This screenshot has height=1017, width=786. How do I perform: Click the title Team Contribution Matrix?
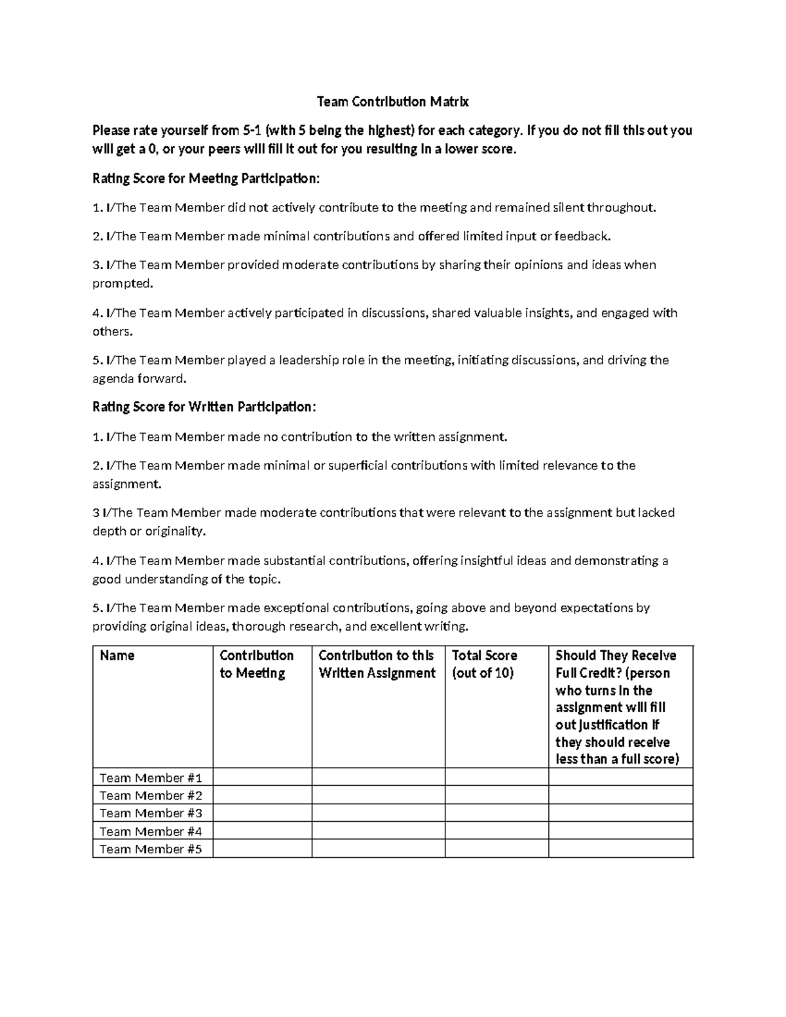tap(392, 102)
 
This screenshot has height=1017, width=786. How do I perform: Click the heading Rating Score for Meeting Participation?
tap(206, 178)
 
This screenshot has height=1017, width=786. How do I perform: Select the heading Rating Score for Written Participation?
tap(204, 407)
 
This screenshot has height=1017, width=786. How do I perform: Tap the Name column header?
tap(117, 656)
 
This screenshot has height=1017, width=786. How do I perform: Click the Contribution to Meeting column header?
tap(256, 664)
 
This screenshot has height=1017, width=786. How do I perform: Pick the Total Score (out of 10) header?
tap(485, 664)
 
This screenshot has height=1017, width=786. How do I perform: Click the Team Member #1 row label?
tap(151, 778)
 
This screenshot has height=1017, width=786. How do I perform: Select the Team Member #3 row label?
tap(151, 813)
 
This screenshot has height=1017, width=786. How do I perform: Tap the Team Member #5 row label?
tap(151, 849)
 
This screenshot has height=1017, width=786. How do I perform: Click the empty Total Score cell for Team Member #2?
tap(496, 796)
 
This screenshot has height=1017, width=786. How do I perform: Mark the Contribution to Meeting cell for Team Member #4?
tap(262, 831)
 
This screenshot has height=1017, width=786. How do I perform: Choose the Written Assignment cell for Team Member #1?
tap(378, 778)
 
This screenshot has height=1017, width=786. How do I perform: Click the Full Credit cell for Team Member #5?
tap(620, 849)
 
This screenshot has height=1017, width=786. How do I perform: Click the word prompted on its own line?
tap(122, 284)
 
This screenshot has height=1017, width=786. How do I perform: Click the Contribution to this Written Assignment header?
tap(377, 664)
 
